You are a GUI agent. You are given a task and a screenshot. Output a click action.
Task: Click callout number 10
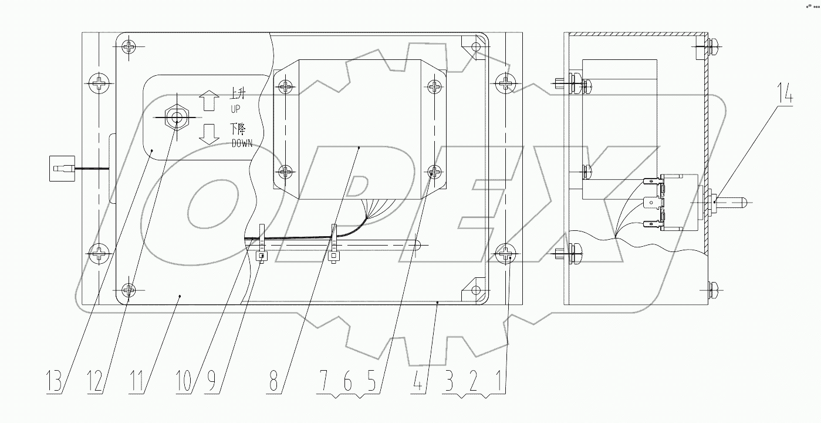click(x=184, y=381)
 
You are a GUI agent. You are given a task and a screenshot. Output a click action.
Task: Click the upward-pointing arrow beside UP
click(x=208, y=100)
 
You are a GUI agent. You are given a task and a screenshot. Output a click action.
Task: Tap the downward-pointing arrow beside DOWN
click(x=208, y=133)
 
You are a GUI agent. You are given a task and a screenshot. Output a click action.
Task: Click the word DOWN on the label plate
click(x=242, y=143)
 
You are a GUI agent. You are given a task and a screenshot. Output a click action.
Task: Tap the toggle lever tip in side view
click(x=742, y=201)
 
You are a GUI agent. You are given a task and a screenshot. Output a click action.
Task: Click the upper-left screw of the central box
click(x=285, y=87)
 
